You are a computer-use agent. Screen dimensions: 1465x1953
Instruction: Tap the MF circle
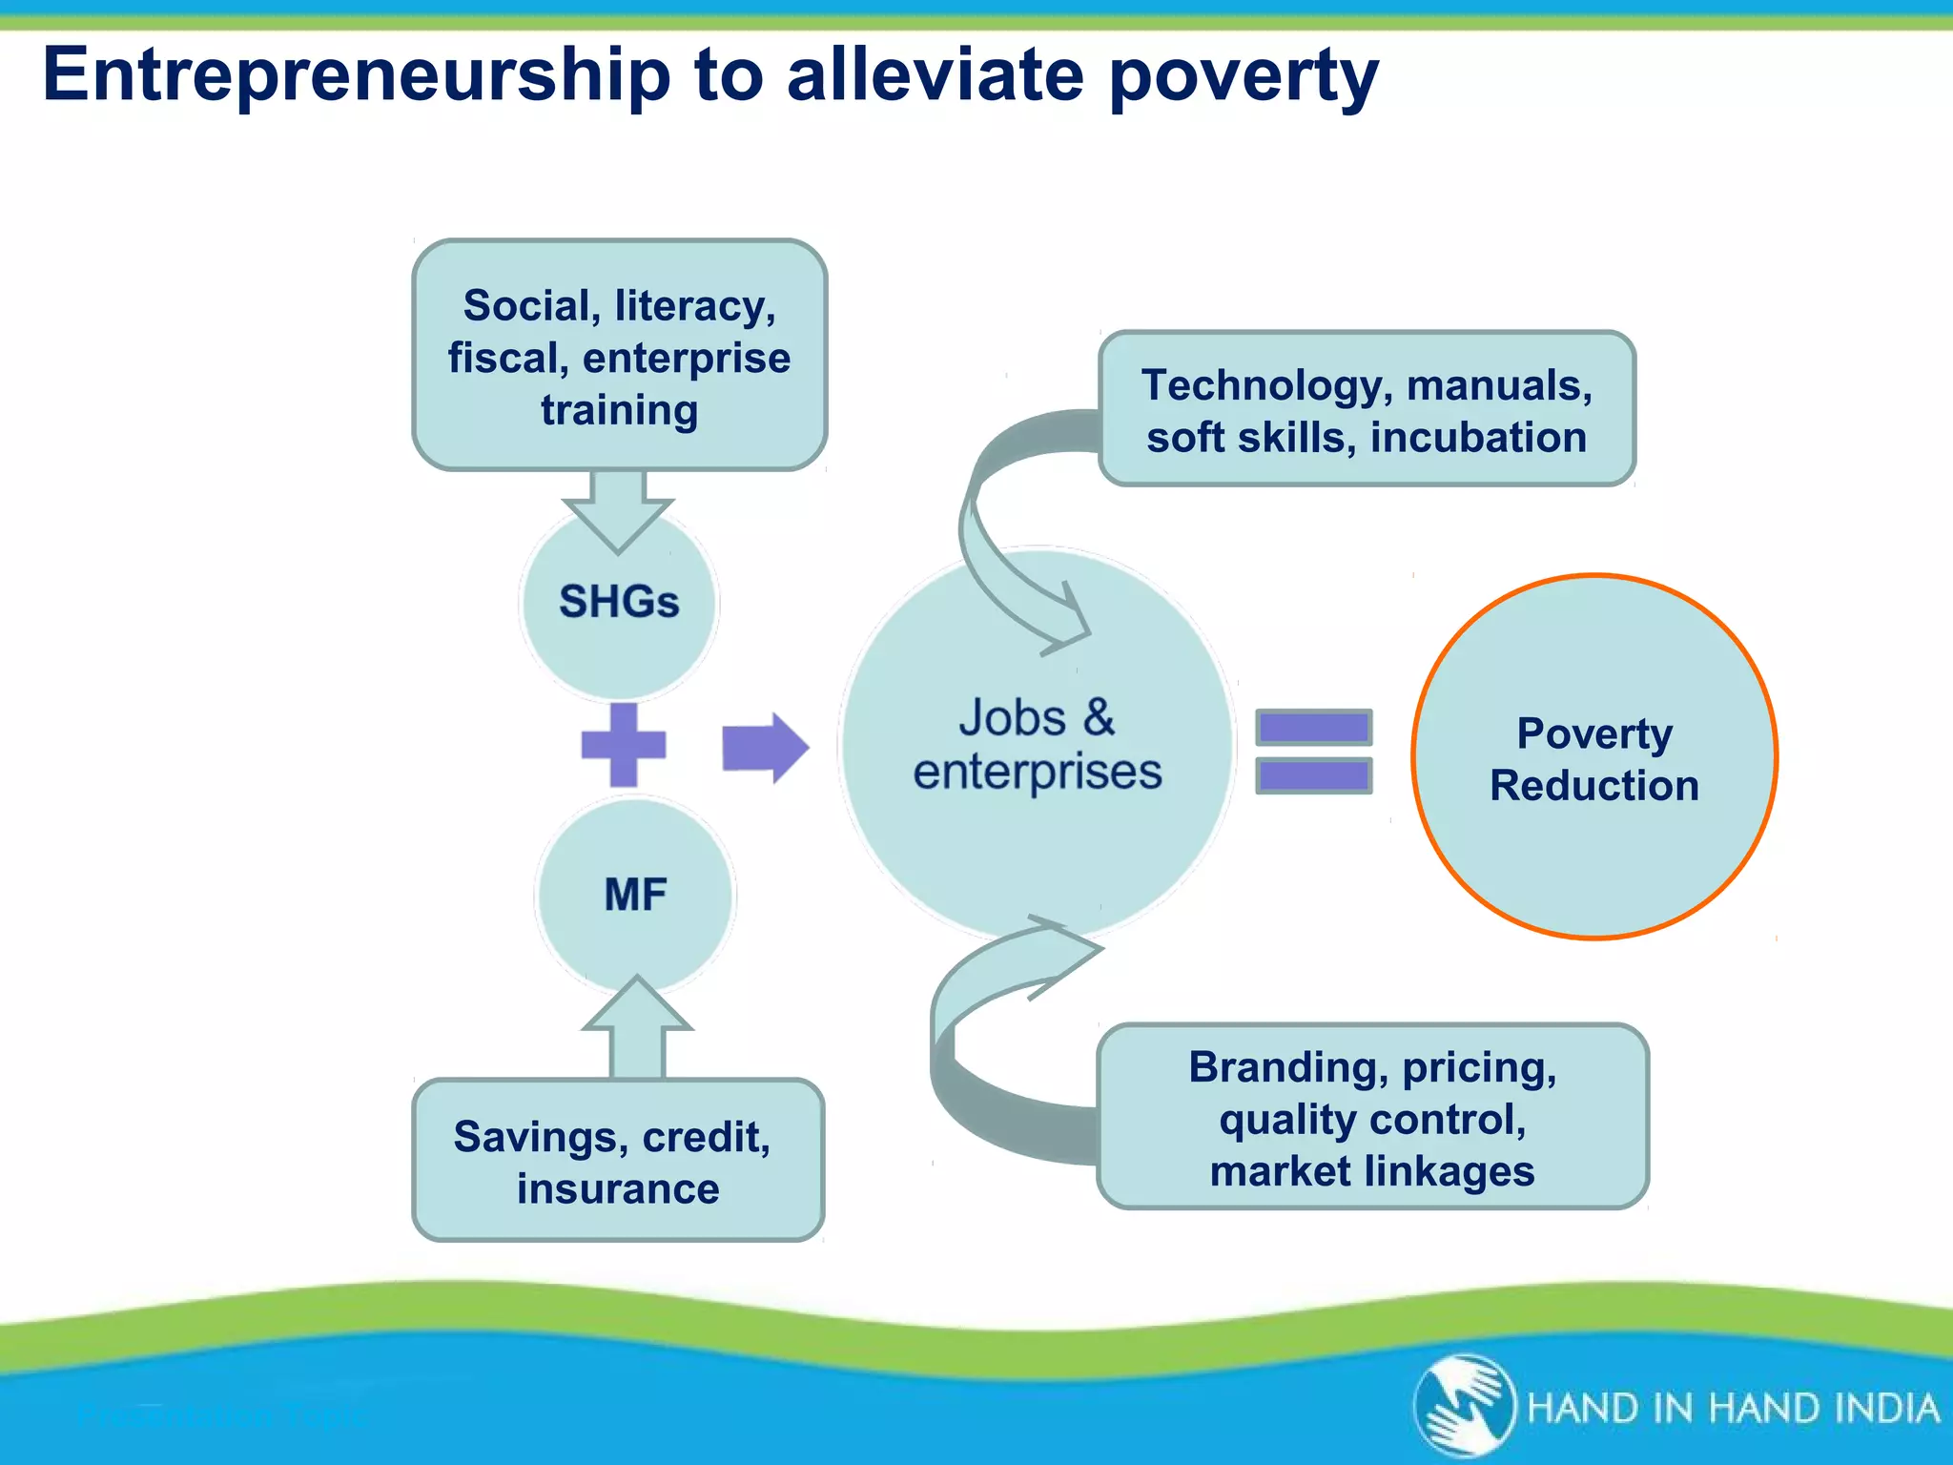coord(635,895)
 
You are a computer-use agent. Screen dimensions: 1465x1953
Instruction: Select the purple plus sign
coord(624,745)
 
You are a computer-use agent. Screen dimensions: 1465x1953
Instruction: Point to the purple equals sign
coord(1313,752)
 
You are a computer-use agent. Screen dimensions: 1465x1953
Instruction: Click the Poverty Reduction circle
coord(1593,757)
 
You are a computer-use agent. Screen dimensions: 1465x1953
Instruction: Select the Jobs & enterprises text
coord(1038,745)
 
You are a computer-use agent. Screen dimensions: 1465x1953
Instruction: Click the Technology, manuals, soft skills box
coord(1367,410)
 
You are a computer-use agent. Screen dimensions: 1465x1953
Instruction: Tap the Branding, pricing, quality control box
coord(1372,1118)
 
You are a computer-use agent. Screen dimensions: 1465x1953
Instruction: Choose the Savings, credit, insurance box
coord(618,1161)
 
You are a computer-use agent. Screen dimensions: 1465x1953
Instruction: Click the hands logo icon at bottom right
coord(1464,1406)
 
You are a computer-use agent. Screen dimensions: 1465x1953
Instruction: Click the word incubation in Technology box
coord(1478,438)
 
